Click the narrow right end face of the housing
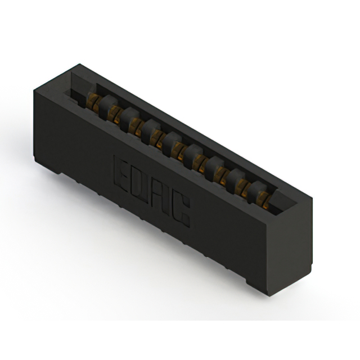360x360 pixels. coord(293,247)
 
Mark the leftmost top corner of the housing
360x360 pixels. coord(35,90)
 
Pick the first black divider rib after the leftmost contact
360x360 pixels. coord(105,104)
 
